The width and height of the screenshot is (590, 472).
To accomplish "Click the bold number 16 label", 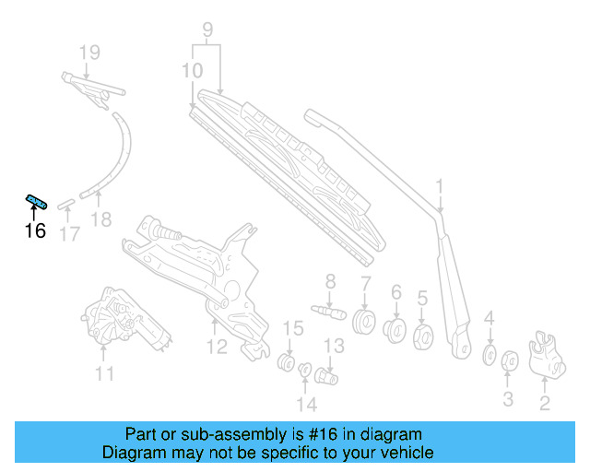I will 35,230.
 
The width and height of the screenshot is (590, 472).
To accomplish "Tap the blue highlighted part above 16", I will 36,201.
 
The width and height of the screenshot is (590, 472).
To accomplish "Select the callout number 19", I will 88,53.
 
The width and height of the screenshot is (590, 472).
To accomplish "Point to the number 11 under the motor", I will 105,373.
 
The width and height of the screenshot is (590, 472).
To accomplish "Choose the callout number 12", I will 216,347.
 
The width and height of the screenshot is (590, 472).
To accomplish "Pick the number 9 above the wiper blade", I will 207,29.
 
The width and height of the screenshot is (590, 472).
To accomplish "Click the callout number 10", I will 192,71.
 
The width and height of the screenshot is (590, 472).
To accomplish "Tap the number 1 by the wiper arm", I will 440,188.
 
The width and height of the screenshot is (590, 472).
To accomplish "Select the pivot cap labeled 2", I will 549,357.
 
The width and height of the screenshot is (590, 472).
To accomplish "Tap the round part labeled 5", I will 425,335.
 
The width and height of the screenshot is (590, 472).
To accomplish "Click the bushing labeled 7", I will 365,323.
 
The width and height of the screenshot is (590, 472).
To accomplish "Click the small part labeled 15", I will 287,359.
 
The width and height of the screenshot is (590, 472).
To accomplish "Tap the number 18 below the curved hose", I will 101,219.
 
